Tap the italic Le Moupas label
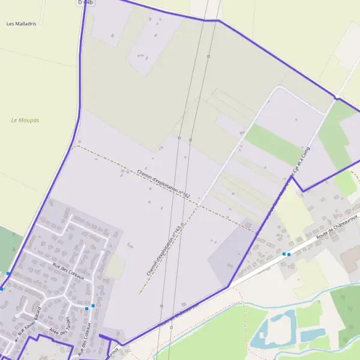tap(25, 120)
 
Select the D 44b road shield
tap(86, 3)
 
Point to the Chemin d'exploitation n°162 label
tap(163, 184)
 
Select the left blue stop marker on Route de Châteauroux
tap(284, 254)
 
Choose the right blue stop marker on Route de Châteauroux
tap(289, 254)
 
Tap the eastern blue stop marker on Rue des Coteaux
tap(93, 306)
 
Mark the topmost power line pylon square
tap(208, 56)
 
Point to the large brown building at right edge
tap(351, 258)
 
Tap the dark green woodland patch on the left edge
tap(9, 246)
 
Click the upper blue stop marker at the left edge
tap(8, 274)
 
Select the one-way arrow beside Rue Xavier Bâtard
tap(17, 340)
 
